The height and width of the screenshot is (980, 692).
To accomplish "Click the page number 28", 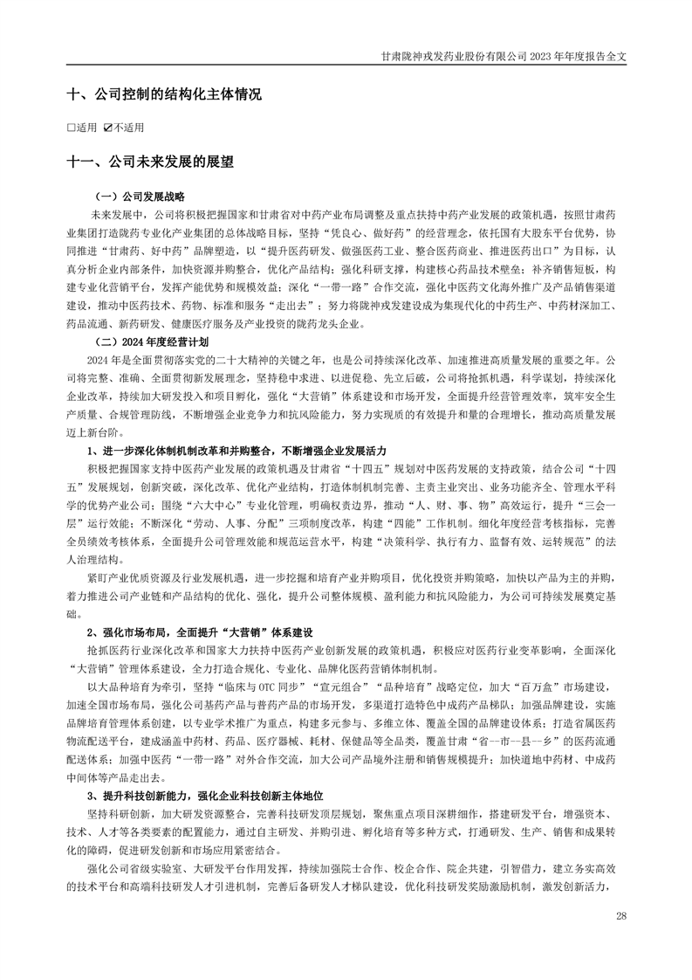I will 621,914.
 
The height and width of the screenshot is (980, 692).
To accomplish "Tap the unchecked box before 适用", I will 71,128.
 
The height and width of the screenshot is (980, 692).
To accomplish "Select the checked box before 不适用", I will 107,128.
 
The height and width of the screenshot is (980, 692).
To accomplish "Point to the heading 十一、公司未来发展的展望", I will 150,162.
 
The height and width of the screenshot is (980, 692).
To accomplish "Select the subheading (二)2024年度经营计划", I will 153,343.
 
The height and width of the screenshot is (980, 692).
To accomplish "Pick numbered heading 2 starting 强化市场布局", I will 199,631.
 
